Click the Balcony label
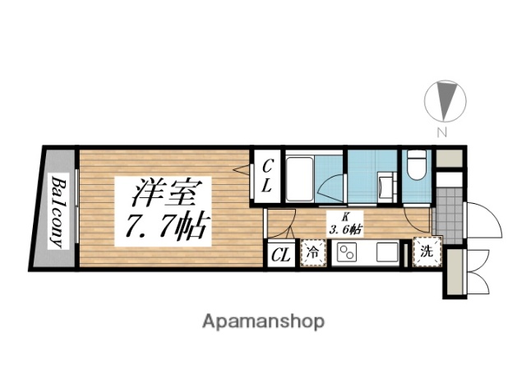point(58,211)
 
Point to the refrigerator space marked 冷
point(314,254)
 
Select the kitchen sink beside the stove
point(385,252)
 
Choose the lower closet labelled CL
point(280,255)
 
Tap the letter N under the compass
point(441,132)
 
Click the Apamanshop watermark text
point(262,320)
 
